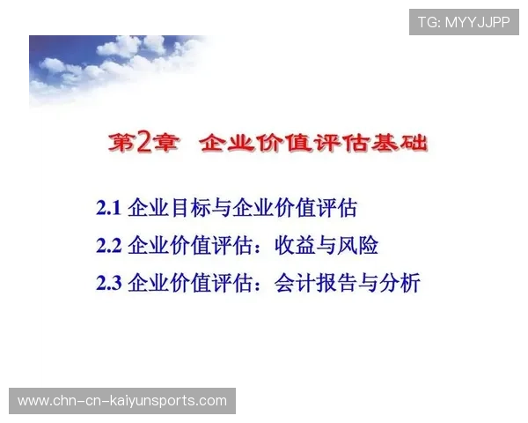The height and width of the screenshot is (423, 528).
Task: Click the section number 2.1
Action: click(x=108, y=209)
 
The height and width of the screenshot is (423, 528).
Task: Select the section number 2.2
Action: click(x=108, y=246)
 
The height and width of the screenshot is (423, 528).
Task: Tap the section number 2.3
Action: click(x=108, y=283)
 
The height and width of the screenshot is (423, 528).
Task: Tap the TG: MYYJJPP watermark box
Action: click(x=463, y=22)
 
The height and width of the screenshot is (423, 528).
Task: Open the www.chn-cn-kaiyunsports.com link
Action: click(x=122, y=401)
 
